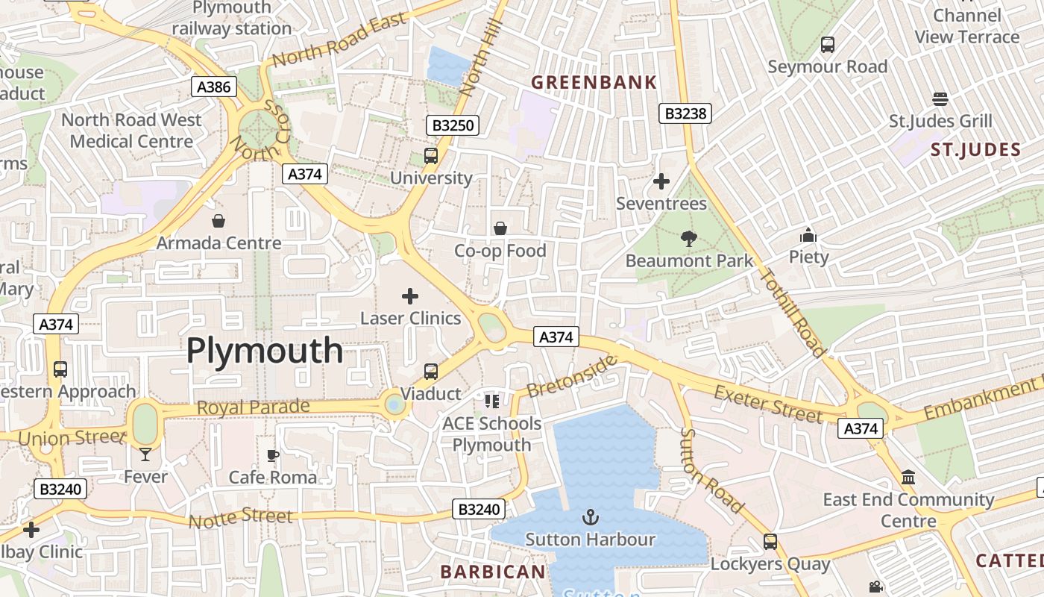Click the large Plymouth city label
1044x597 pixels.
(265, 350)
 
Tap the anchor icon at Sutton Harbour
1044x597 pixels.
(591, 516)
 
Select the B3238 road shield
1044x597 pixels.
(685, 113)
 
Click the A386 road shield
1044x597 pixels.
(213, 87)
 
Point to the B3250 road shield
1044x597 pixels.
(453, 125)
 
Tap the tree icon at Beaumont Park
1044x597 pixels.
(688, 239)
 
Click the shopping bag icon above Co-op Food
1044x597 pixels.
(500, 228)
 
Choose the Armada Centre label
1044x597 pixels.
(218, 243)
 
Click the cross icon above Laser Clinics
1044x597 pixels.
(410, 296)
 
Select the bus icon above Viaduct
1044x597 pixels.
(431, 371)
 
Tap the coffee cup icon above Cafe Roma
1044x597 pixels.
(273, 455)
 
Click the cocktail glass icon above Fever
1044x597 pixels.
(145, 454)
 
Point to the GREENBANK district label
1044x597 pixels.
(594, 82)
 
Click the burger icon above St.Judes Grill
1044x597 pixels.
(940, 99)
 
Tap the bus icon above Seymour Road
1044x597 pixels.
(828, 45)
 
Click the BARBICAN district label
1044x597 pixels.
(493, 572)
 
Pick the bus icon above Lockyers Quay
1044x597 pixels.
(770, 542)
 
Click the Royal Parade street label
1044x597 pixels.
(253, 408)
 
